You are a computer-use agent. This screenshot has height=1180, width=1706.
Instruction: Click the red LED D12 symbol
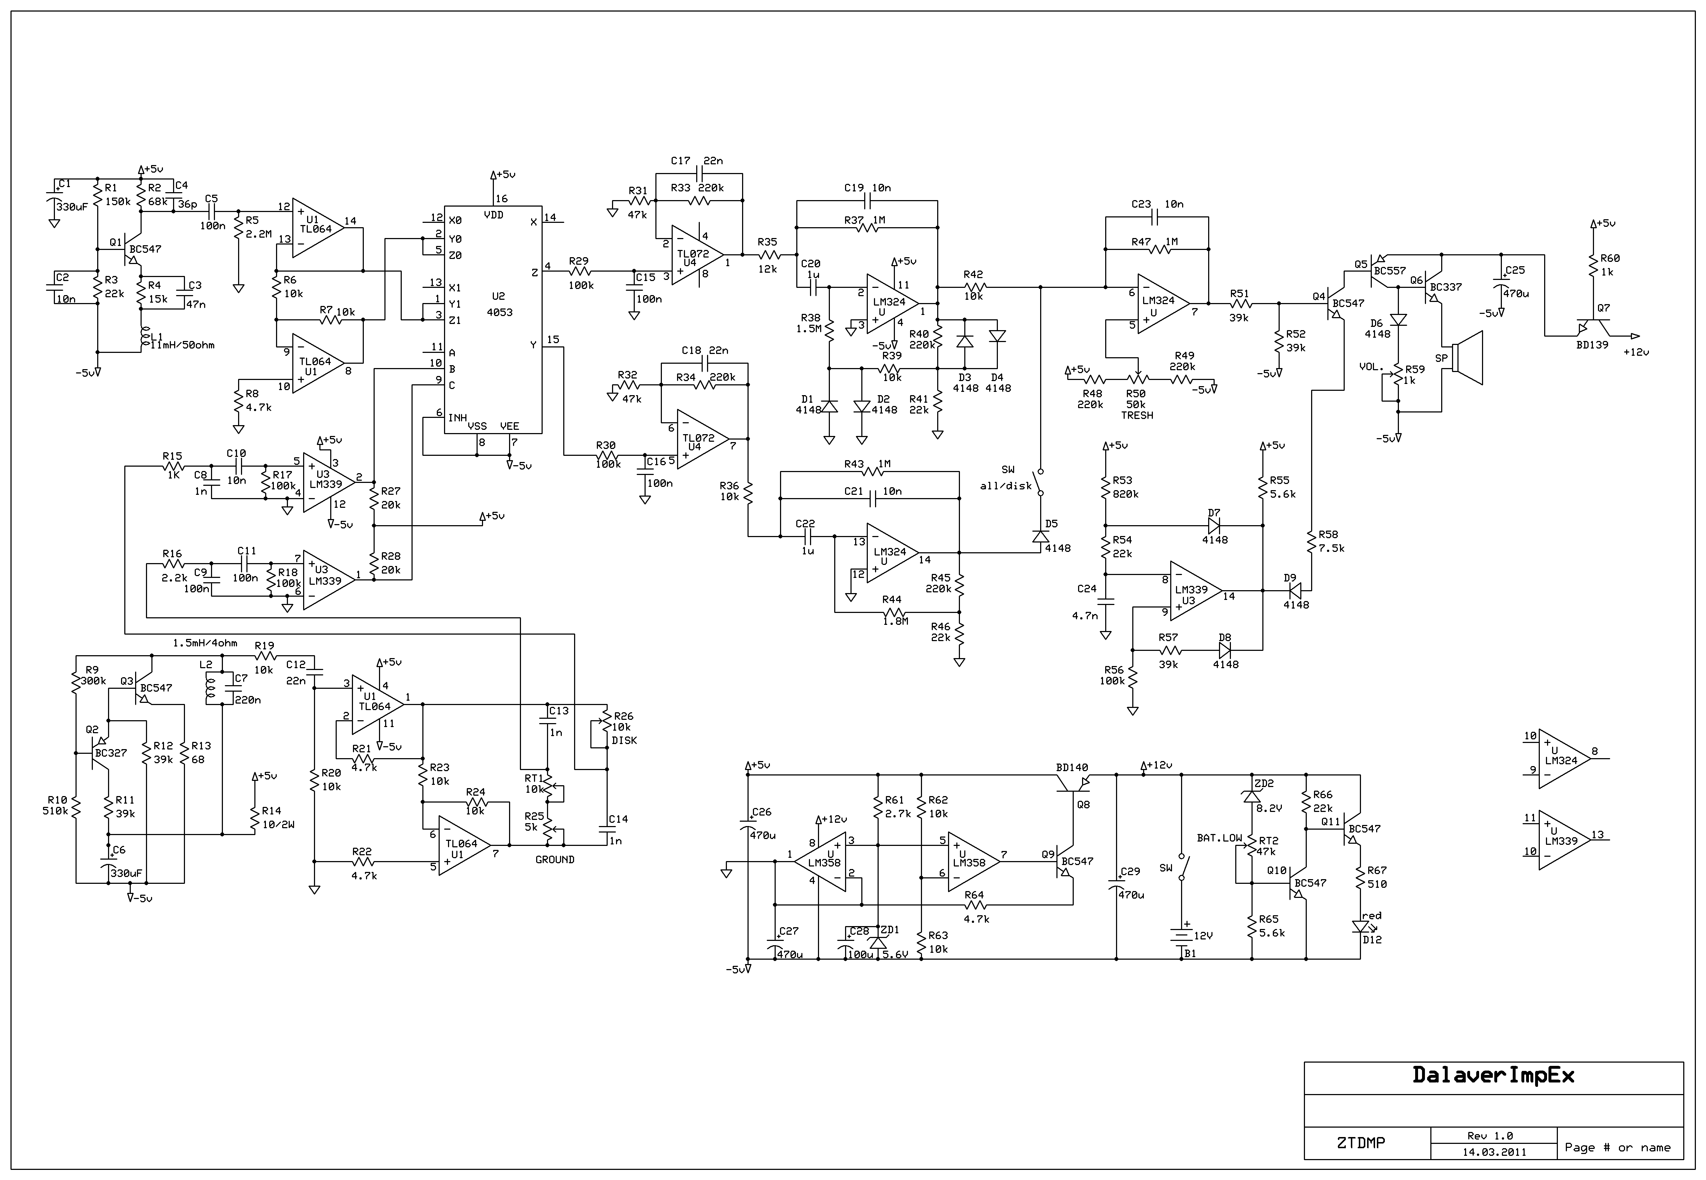tap(1359, 926)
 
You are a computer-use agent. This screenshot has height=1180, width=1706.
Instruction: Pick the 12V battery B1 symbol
tap(1181, 935)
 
